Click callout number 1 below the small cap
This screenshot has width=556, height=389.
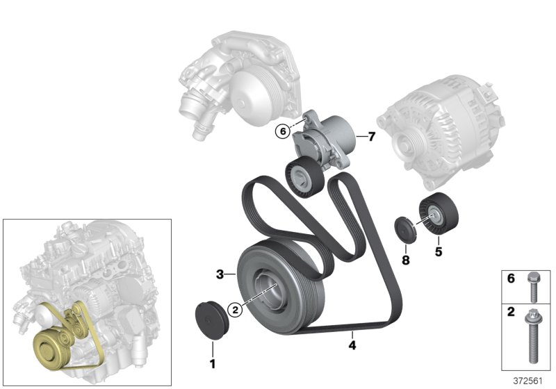(x=213, y=363)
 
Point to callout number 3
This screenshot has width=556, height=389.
(x=219, y=275)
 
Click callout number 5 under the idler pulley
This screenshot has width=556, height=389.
(x=439, y=251)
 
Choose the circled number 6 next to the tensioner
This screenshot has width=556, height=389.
(x=281, y=130)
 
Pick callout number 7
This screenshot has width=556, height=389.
(x=371, y=137)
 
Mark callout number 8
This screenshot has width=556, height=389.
(x=407, y=260)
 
